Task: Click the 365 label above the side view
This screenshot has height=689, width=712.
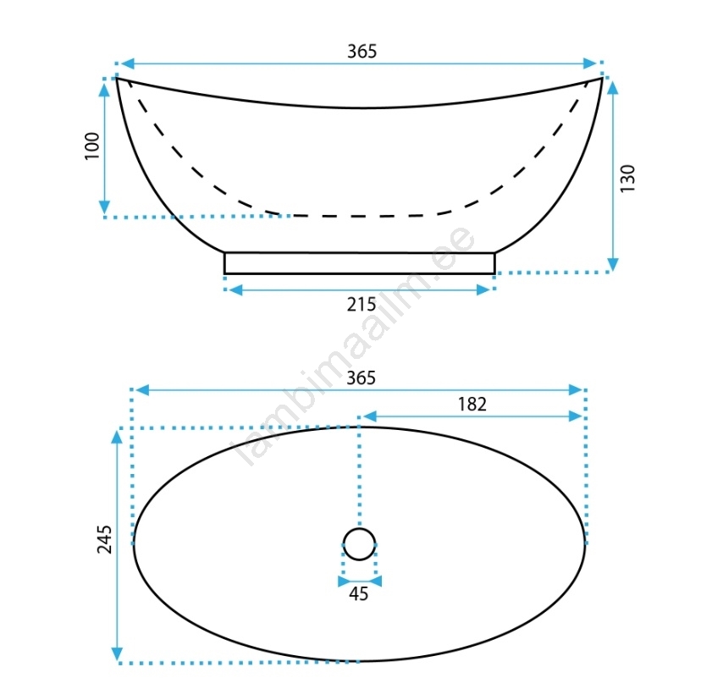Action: [362, 52]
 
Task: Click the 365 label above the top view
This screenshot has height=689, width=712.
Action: [361, 378]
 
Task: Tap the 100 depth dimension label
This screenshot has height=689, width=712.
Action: [92, 146]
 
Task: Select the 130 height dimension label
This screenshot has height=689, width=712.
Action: [627, 179]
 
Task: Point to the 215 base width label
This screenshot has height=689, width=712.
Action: [362, 305]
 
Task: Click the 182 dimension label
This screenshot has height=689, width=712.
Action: [472, 404]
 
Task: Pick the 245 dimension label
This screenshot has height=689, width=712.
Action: [104, 539]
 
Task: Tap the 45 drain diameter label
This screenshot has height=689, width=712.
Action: [359, 593]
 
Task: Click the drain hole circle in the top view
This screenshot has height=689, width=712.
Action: [359, 528]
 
